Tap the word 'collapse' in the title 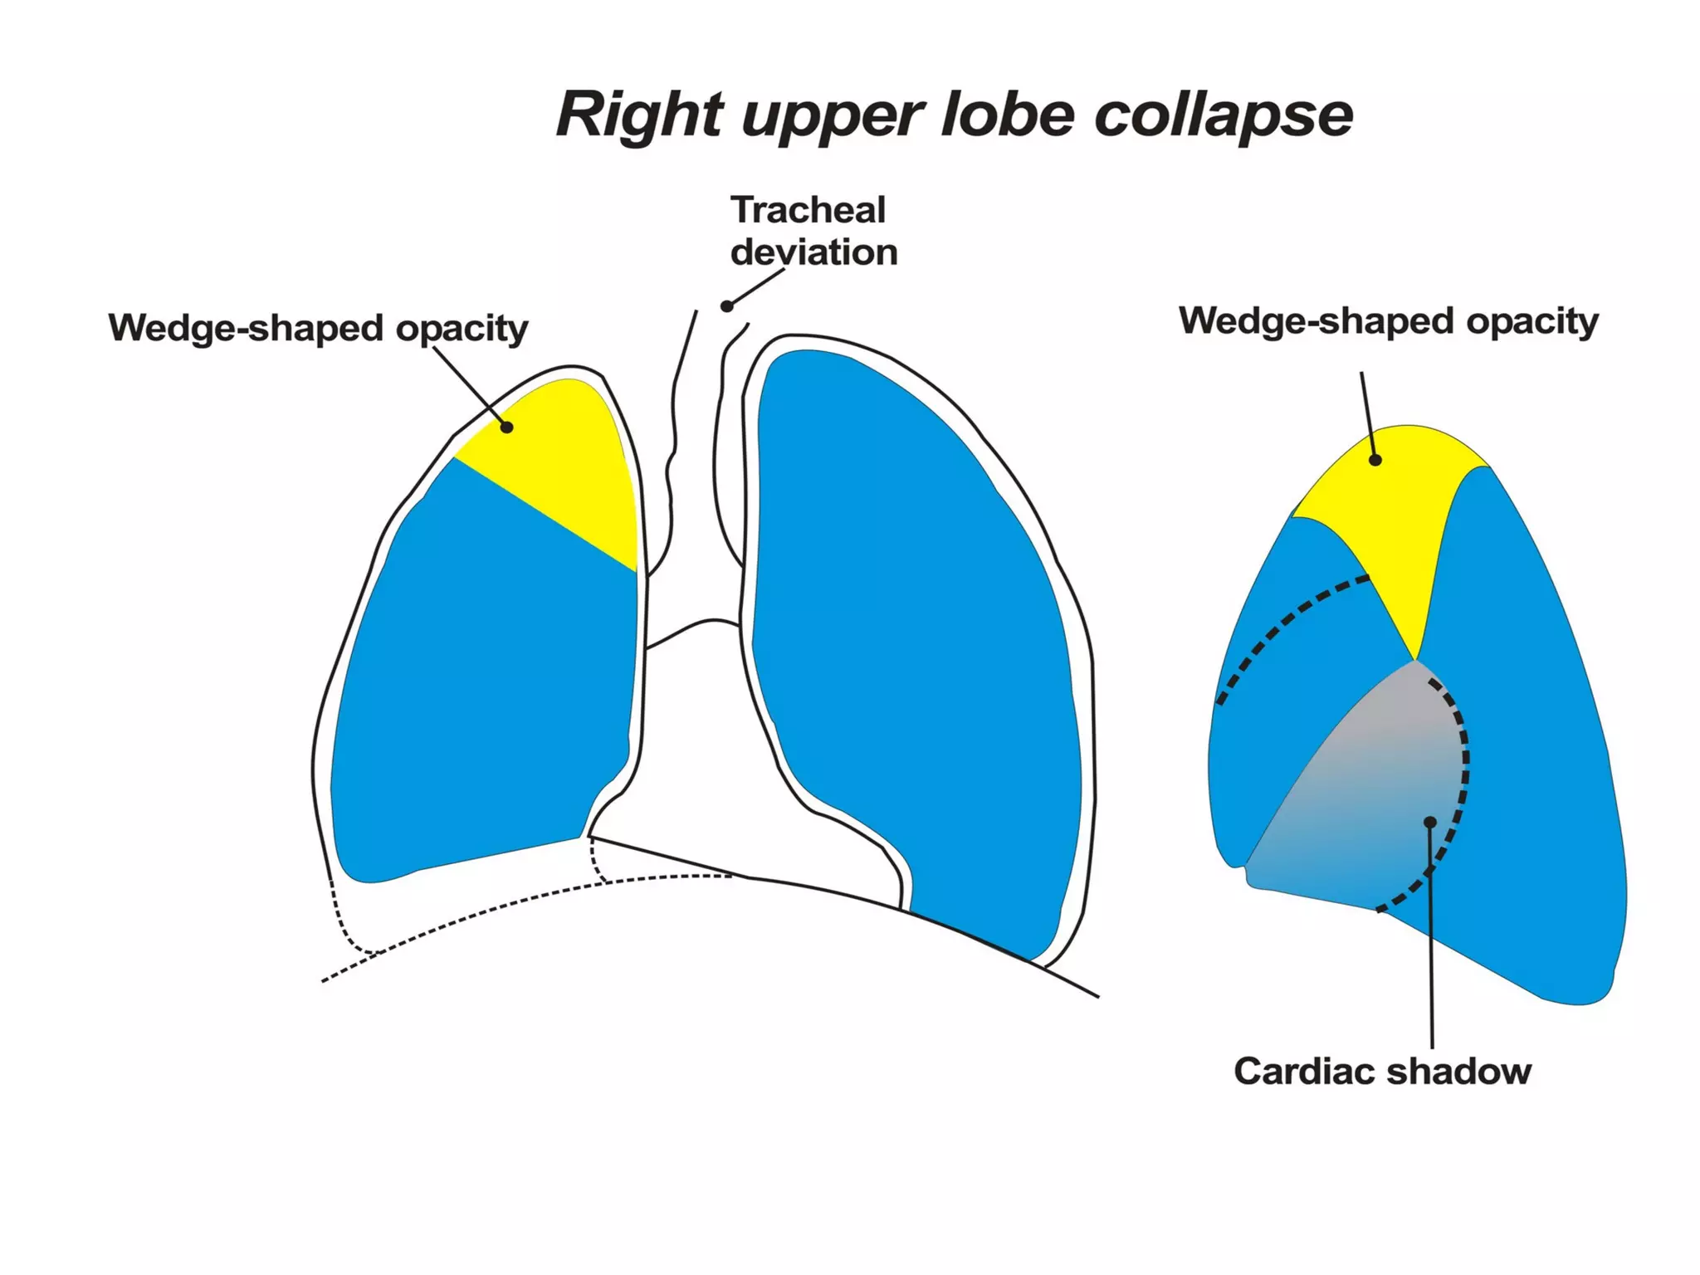[x=1224, y=114]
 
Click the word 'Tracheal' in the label [x=808, y=210]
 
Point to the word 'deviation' [x=813, y=252]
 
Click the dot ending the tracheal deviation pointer [x=726, y=306]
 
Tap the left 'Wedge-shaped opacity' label [x=318, y=328]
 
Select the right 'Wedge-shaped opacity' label [x=1388, y=321]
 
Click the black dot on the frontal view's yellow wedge [x=506, y=427]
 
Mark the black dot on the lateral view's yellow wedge [x=1375, y=460]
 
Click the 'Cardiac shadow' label [x=1382, y=1072]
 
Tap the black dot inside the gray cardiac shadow [x=1430, y=822]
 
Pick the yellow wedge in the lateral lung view [x=1403, y=515]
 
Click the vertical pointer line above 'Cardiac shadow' [x=1432, y=955]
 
